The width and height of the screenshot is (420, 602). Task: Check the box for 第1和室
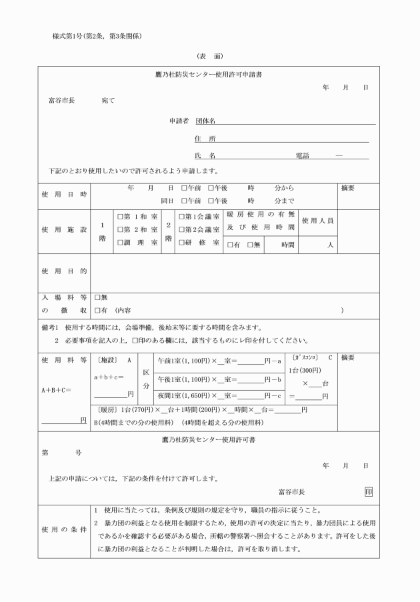pyautogui.click(x=121, y=217)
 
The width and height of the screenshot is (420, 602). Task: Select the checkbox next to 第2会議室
pyautogui.click(x=181, y=230)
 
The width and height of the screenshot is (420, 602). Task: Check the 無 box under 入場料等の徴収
pyautogui.click(x=97, y=297)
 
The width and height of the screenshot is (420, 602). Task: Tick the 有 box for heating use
pyautogui.click(x=230, y=245)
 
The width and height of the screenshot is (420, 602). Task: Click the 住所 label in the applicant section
pyautogui.click(x=205, y=139)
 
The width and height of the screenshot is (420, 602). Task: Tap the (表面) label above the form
pyautogui.click(x=209, y=56)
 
